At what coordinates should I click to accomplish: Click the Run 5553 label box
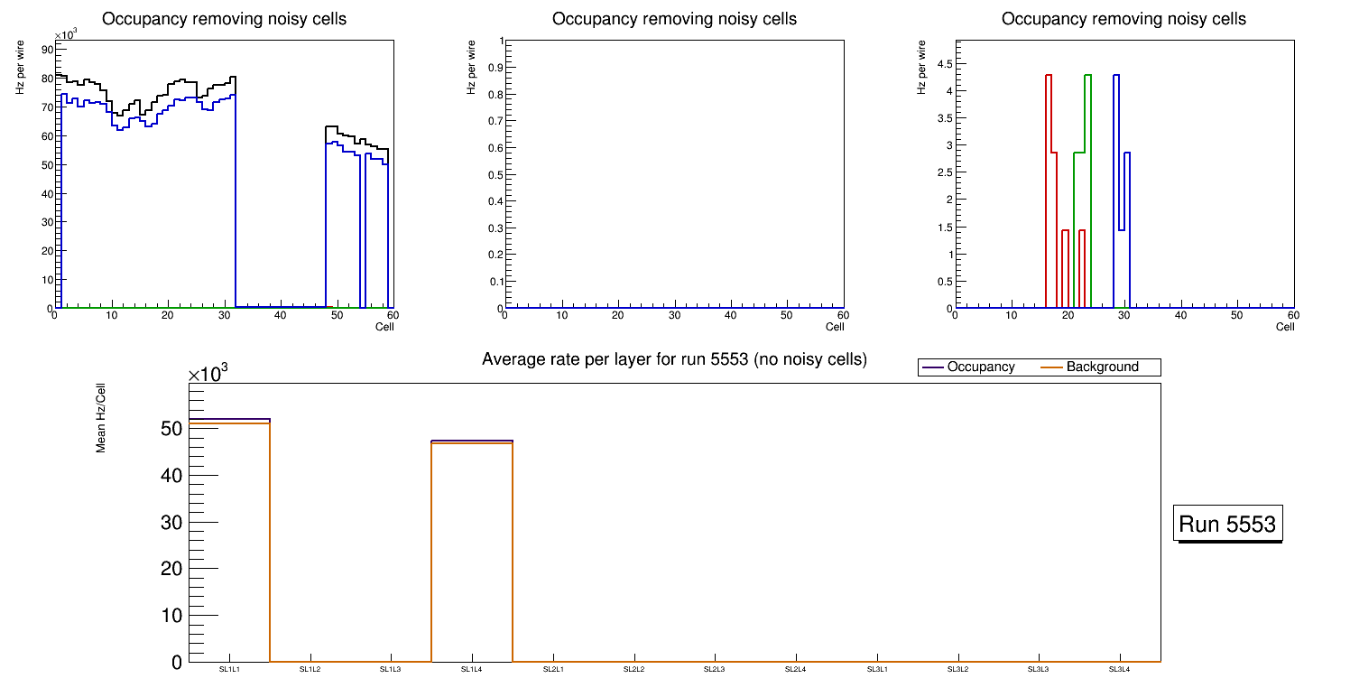coord(1229,524)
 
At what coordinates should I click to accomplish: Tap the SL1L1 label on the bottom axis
coord(229,669)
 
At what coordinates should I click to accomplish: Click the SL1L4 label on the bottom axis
coord(472,669)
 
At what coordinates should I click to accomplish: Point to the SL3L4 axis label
coord(1120,669)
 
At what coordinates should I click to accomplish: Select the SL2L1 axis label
coord(553,669)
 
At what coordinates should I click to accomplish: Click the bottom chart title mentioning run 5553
coord(674,359)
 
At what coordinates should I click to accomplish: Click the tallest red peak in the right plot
coord(1049,76)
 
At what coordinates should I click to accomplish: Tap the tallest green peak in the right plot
coord(1087,76)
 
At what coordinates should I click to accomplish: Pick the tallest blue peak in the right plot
coord(1116,76)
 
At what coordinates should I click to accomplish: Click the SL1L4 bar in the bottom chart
coord(472,551)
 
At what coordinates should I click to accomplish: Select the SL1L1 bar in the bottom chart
coord(229,542)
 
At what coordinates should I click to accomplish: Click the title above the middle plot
coord(674,19)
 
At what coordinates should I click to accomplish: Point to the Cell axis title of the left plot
coord(384,326)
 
